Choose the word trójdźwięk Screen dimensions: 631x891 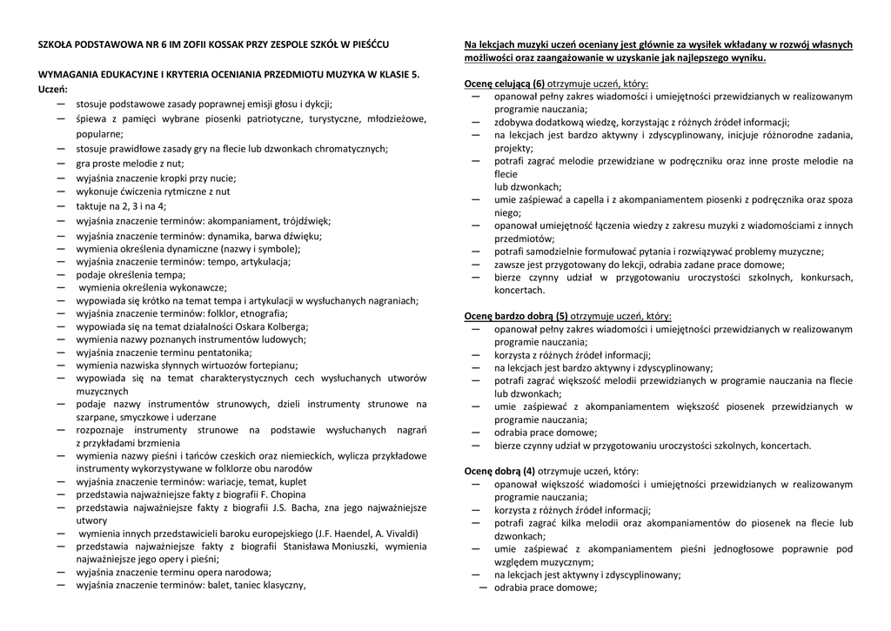pos(303,221)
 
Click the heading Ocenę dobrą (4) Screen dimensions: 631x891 pos(499,471)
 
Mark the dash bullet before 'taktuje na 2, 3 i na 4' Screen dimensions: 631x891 pos(60,206)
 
